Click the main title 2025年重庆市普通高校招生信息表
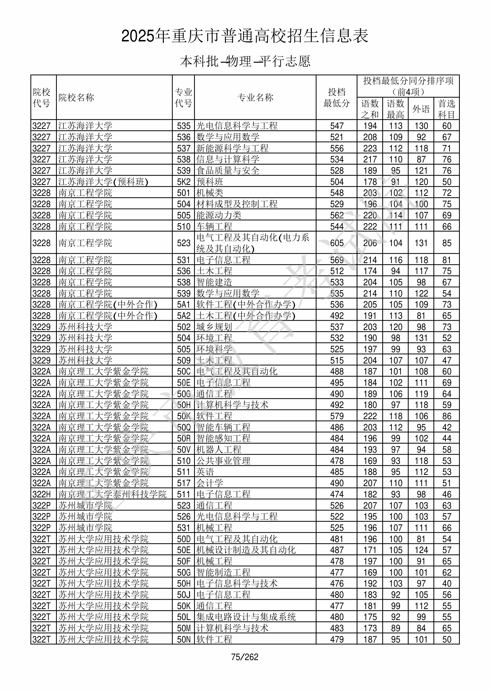[x=245, y=36]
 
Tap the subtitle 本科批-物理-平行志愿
[x=245, y=61]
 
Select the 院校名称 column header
[x=76, y=97]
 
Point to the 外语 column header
[x=421, y=109]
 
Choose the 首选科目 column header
[x=447, y=109]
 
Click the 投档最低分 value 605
[x=337, y=243]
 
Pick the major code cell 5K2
[x=184, y=182]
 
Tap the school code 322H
[x=41, y=494]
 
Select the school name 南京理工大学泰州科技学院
[x=112, y=494]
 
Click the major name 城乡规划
[x=214, y=327]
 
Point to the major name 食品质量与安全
[x=228, y=171]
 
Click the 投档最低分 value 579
[x=337, y=416]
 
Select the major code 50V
[x=184, y=450]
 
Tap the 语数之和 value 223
[x=370, y=148]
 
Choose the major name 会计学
[x=210, y=483]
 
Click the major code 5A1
[x=184, y=305]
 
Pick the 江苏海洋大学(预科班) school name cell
[x=103, y=182]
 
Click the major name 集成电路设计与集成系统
[x=246, y=617]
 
